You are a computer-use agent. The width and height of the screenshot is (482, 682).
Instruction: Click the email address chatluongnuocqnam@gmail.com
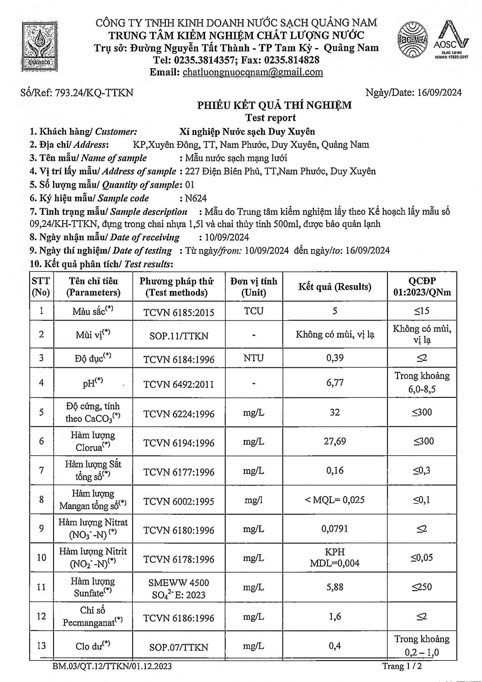click(x=253, y=72)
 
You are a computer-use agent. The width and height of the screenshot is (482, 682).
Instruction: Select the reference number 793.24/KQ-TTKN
click(x=94, y=93)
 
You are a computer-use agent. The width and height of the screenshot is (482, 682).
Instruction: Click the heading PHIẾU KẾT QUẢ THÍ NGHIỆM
click(x=274, y=105)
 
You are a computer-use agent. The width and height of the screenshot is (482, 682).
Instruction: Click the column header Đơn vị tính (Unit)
click(x=253, y=287)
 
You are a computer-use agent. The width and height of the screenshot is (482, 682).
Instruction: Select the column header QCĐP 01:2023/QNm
click(x=422, y=287)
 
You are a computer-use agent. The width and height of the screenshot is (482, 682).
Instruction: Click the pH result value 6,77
click(x=335, y=383)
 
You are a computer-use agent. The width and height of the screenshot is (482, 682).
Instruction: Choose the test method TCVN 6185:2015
click(x=179, y=312)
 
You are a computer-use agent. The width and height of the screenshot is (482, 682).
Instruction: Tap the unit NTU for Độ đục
click(x=253, y=358)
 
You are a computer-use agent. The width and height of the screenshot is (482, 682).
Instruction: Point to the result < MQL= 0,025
click(x=335, y=500)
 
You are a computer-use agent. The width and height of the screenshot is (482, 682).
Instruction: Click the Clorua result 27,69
click(x=335, y=441)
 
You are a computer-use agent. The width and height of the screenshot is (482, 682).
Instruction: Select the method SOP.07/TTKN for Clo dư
click(x=179, y=647)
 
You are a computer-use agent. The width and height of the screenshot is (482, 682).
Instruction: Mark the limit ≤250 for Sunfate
click(x=422, y=587)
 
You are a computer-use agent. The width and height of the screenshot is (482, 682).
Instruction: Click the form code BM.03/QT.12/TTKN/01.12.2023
click(x=112, y=667)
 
